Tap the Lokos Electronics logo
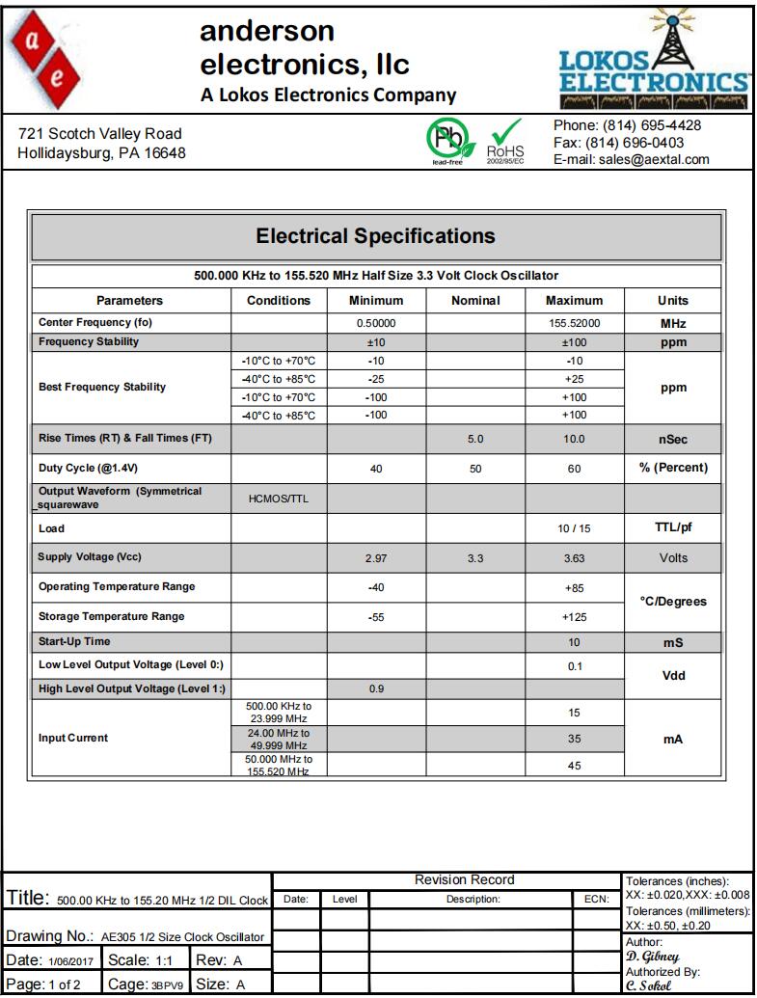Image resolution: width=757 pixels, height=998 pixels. click(654, 64)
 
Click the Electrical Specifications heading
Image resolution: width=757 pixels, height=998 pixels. click(376, 236)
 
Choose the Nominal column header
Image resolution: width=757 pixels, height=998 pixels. click(476, 301)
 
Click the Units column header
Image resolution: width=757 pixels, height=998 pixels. click(673, 301)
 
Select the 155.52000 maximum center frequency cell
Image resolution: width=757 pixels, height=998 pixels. click(574, 323)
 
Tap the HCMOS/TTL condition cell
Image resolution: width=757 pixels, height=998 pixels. click(279, 498)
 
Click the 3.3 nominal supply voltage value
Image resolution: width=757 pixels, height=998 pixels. click(476, 557)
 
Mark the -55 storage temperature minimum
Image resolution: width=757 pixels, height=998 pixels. click(376, 617)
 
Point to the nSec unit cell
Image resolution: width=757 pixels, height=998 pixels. click(673, 439)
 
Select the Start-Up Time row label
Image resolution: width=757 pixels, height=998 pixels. click(74, 641)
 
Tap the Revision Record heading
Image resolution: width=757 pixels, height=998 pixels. click(464, 879)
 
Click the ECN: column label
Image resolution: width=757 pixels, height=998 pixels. click(596, 899)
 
